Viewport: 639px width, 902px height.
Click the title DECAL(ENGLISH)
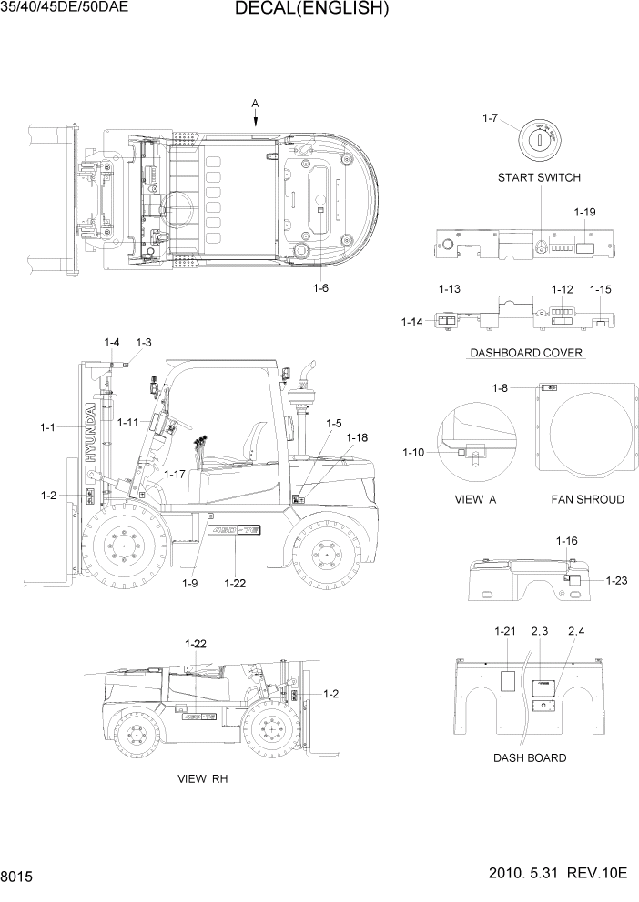click(311, 10)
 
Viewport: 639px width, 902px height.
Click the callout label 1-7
click(489, 119)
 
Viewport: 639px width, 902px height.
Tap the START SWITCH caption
click(539, 177)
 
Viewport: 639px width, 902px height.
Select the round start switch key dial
click(538, 138)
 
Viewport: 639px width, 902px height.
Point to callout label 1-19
click(584, 212)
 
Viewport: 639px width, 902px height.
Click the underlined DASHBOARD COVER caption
click(526, 353)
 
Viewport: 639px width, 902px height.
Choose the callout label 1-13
click(449, 289)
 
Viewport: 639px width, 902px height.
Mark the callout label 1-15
click(601, 289)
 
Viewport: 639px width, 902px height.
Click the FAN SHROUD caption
click(587, 499)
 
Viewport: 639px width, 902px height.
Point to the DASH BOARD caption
click(530, 757)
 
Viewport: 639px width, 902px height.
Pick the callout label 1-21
click(505, 631)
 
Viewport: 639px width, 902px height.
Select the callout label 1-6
click(320, 288)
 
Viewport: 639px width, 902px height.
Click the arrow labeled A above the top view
click(256, 115)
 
